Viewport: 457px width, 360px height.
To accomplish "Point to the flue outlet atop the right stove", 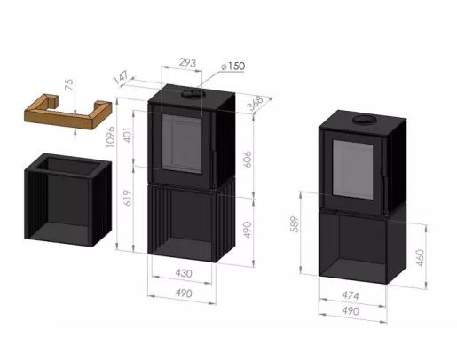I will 363,120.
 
